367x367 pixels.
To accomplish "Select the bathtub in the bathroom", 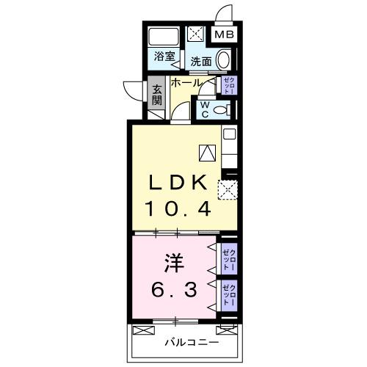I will (163, 37).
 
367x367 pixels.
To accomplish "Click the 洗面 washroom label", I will (201, 62).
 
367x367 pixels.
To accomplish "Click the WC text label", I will (206, 109).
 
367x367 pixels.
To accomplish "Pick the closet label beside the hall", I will (228, 86).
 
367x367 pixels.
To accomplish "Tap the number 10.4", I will (181, 209).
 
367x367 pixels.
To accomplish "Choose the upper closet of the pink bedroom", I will (228, 258).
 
